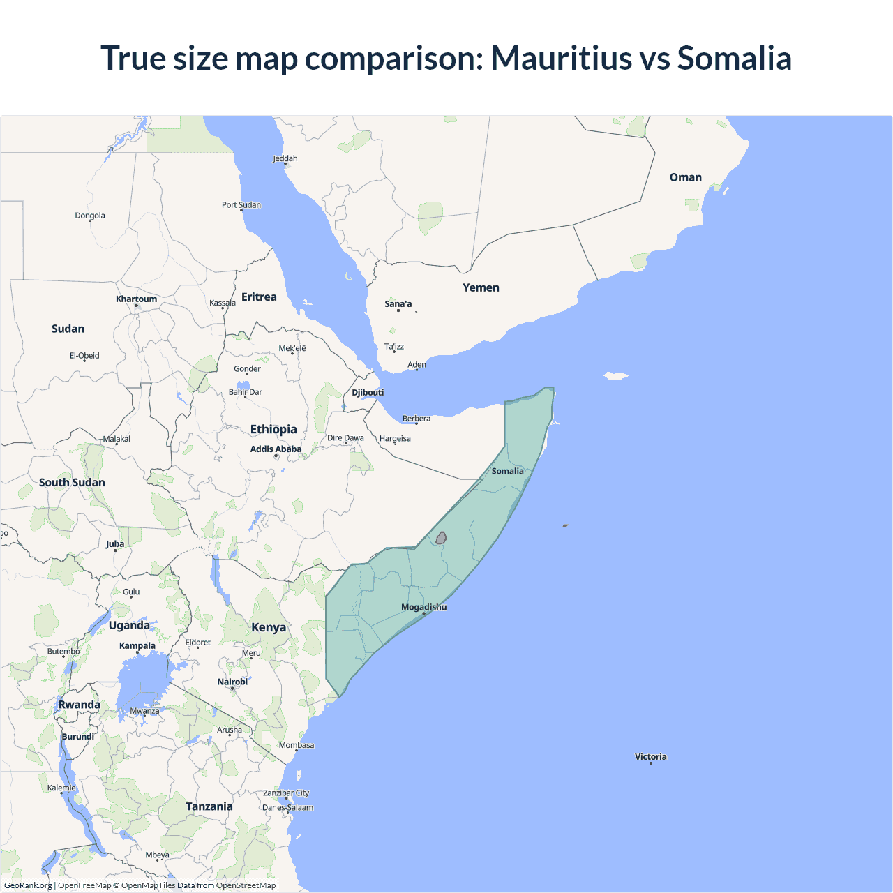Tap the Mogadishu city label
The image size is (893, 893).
point(423,607)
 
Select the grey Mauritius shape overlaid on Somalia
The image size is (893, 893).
point(441,538)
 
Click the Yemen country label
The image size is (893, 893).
point(481,287)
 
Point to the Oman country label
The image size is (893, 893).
point(685,177)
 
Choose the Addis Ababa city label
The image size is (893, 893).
point(276,449)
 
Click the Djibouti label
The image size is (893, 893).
point(368,392)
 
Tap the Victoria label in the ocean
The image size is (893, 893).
point(650,757)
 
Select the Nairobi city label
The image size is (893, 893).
point(232,682)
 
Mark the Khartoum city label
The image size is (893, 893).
point(136,299)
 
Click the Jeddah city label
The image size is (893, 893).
point(285,158)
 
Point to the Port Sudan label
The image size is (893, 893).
point(241,205)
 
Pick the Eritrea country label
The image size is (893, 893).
point(259,297)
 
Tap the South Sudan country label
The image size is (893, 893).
point(72,482)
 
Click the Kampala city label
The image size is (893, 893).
point(137,645)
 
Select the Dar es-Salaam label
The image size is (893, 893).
point(287,808)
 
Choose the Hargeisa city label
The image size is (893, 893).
point(395,439)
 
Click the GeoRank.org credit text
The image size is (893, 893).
point(28,885)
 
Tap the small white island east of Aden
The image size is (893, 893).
point(615,376)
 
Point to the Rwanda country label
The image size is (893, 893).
point(79,705)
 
